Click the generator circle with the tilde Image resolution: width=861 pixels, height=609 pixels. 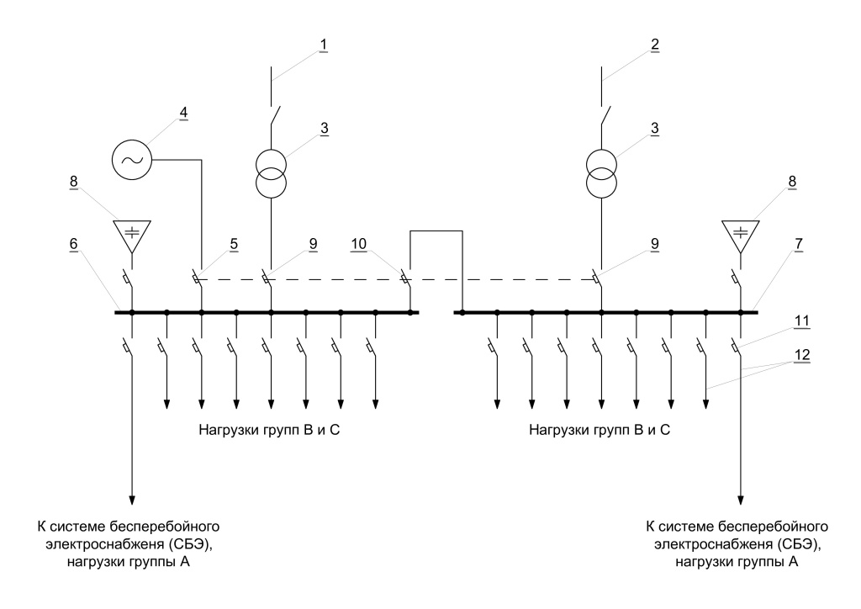click(x=132, y=157)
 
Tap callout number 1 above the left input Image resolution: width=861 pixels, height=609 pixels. click(x=322, y=43)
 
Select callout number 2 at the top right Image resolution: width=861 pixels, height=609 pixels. click(x=653, y=43)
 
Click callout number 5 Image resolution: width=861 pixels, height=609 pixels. click(x=233, y=245)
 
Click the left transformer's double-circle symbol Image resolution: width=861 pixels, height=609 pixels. click(x=271, y=171)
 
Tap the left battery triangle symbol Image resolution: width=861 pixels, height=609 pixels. click(x=132, y=235)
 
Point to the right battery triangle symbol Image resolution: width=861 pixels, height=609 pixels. click(x=741, y=235)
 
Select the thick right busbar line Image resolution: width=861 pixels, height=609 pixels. click(x=605, y=312)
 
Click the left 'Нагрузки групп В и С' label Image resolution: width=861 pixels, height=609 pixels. click(x=269, y=430)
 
